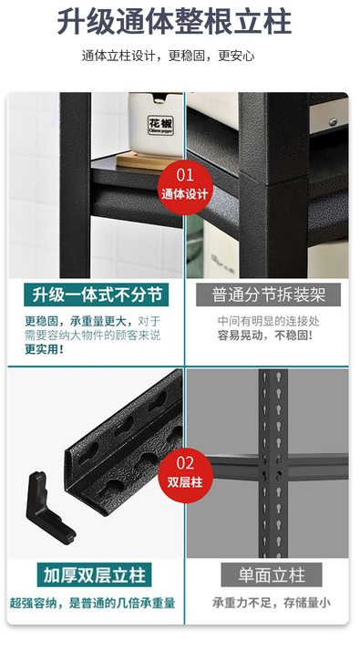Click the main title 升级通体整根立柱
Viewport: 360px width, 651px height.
[174, 22]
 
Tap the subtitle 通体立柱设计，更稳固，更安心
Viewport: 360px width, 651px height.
[169, 56]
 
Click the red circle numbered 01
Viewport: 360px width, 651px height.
[185, 187]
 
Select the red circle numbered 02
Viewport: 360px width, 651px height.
[185, 475]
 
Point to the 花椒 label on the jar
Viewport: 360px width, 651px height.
[161, 125]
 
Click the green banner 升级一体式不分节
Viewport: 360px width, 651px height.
[97, 295]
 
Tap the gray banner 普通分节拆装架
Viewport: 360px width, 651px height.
[269, 295]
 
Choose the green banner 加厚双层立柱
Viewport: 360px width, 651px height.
[94, 575]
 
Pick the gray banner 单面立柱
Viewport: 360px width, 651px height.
[272, 575]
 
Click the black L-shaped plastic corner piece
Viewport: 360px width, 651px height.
[46, 507]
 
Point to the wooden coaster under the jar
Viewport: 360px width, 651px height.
[148, 160]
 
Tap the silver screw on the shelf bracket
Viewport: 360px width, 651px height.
[333, 121]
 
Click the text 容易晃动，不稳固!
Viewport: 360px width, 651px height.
[265, 336]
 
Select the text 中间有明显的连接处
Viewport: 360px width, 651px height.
[268, 321]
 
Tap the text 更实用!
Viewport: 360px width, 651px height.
[44, 349]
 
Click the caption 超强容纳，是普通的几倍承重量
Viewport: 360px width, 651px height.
[92, 604]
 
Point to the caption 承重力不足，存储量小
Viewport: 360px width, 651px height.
[272, 603]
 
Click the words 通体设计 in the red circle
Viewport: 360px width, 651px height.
[185, 194]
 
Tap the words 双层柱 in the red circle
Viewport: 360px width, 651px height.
[185, 482]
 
